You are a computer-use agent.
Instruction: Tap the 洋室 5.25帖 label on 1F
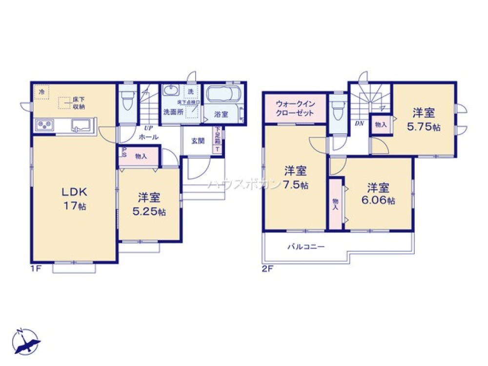(x=149, y=204)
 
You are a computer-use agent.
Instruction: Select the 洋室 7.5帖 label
(x=296, y=178)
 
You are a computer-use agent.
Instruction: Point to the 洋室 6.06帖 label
(x=379, y=194)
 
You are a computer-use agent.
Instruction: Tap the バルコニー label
(x=305, y=247)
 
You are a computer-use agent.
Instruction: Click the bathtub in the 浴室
(x=222, y=94)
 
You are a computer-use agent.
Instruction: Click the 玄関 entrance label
(x=198, y=141)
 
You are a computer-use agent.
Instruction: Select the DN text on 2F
(x=360, y=123)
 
